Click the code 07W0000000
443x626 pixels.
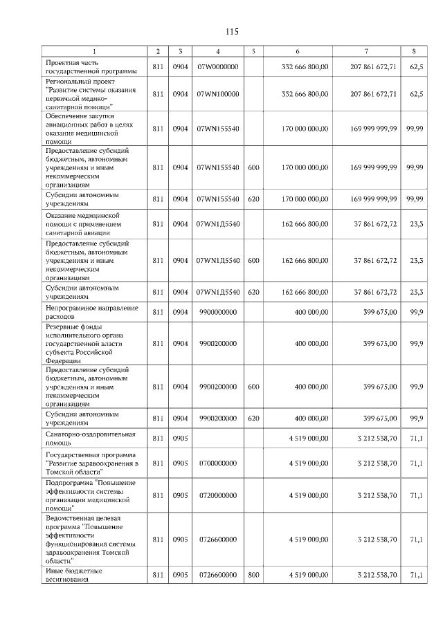217,66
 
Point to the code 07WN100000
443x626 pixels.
217,93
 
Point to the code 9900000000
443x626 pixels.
217,311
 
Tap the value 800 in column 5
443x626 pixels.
253,575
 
